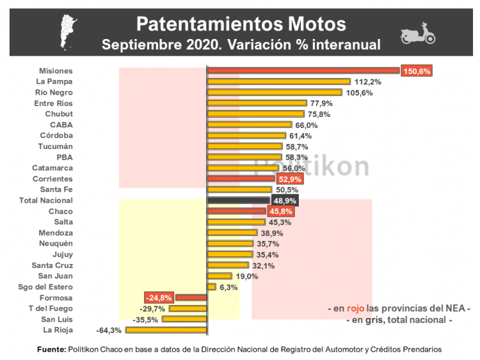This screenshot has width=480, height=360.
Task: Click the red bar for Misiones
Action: [x=303, y=71]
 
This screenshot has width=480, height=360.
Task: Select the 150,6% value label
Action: [x=417, y=71]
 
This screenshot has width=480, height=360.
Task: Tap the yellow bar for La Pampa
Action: [x=279, y=82]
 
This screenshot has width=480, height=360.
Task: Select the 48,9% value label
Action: [x=285, y=200]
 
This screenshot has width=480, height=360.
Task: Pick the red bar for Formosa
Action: [x=191, y=297]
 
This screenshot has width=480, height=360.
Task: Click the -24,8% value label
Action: [x=159, y=297]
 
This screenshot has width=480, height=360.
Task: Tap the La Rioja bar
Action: [x=166, y=330]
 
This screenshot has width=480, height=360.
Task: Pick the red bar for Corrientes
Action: [x=241, y=179]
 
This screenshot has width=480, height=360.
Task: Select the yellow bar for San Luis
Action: [x=184, y=319]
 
